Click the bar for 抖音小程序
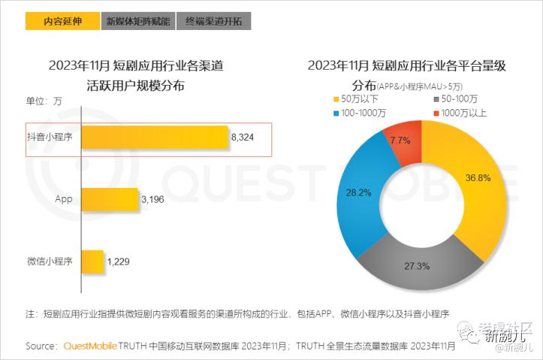(154, 138)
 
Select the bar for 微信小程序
(92, 262)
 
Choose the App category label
(63, 199)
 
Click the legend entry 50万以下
(357, 99)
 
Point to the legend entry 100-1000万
(364, 113)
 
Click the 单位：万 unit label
(44, 101)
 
